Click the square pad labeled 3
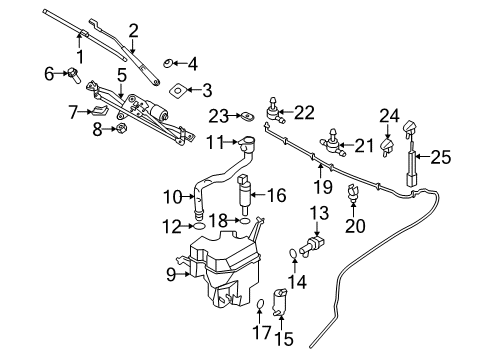(176, 91)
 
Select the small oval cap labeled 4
(167, 64)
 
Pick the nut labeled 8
(120, 128)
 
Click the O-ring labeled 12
(199, 226)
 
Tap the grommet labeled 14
(292, 254)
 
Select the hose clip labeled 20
(353, 196)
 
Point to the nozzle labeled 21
(329, 148)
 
